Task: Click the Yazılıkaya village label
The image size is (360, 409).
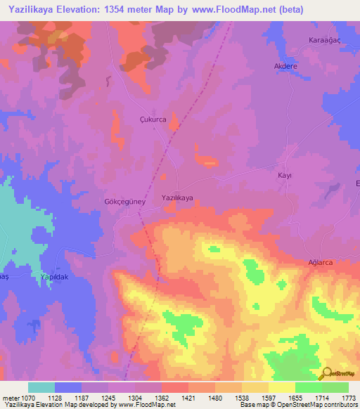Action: point(177,198)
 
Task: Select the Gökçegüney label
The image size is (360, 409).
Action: point(124,200)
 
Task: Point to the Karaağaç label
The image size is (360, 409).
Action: point(325,41)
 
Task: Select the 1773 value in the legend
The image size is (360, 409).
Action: point(349,397)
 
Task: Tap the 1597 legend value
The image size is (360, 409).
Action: point(269,397)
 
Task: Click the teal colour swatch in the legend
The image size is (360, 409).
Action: point(41,387)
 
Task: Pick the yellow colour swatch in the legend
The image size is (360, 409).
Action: point(282,387)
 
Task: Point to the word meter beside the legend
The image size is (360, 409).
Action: point(10,397)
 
